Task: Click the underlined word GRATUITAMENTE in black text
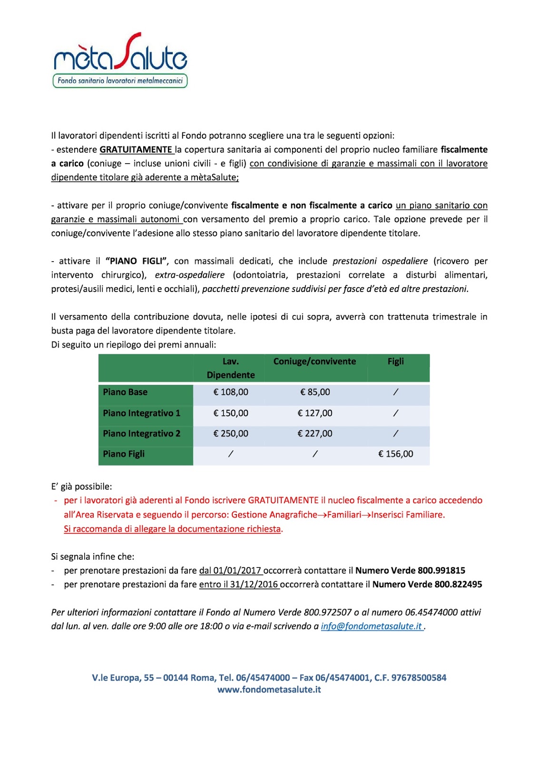tap(136, 149)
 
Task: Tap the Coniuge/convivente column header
tap(314, 361)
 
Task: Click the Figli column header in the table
tap(395, 361)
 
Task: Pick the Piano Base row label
tap(125, 392)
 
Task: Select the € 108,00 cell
tap(231, 392)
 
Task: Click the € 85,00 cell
tap(315, 392)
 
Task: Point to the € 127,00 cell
tap(315, 413)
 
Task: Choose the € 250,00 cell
tap(231, 433)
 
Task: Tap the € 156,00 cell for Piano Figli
tap(395, 454)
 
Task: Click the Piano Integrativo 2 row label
tap(142, 433)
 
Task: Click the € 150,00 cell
tap(231, 413)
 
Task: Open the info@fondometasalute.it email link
tap(372, 626)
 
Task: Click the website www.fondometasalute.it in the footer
tap(269, 689)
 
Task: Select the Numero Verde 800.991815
tap(410, 570)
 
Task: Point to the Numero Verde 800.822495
tap(427, 584)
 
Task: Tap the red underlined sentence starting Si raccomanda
tap(172, 528)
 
